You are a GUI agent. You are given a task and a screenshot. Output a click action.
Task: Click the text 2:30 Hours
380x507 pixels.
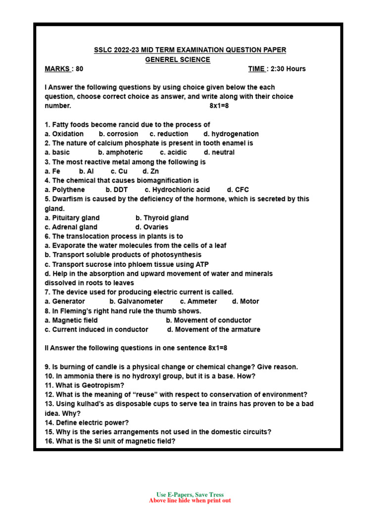tap(288, 69)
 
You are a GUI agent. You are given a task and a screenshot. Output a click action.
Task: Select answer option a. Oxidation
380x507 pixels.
tap(64, 134)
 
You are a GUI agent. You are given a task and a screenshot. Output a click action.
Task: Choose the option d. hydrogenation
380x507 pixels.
tap(231, 134)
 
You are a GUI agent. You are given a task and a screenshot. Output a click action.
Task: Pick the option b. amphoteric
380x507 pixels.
tap(120, 152)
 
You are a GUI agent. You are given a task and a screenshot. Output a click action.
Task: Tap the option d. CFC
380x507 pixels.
tap(238, 190)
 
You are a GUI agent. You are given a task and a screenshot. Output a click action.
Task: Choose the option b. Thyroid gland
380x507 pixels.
tap(162, 218)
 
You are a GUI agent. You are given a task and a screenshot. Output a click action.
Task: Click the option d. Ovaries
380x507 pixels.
tap(151, 227)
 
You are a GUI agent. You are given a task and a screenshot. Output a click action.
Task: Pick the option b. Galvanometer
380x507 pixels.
tap(136, 302)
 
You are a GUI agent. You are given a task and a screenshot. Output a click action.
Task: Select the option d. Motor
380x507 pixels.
tap(245, 302)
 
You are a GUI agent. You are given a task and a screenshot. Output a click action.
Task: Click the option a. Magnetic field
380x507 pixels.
tap(71, 320)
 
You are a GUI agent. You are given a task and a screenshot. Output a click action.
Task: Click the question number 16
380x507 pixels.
tap(48, 441)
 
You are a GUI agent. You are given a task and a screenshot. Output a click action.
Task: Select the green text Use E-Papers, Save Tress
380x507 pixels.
tap(190, 495)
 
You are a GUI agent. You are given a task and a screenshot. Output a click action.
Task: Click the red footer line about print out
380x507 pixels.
tap(190, 501)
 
